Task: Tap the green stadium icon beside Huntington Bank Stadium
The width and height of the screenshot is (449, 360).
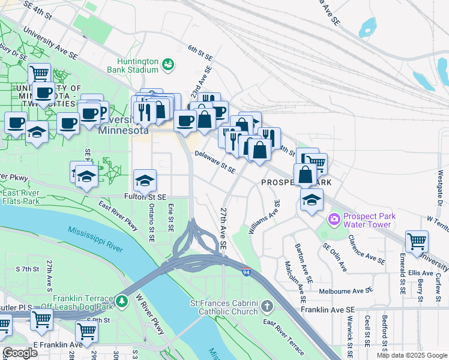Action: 169,63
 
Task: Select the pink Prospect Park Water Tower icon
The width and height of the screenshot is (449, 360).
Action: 333,220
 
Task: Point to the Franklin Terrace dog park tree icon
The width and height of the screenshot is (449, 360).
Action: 122,299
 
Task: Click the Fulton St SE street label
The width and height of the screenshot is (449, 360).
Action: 145,196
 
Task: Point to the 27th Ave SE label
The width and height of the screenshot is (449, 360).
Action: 223,229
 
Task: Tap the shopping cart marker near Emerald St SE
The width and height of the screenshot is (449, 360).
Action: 417,241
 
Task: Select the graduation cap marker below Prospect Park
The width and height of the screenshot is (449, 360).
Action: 311,200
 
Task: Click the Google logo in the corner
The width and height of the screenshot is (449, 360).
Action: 20,353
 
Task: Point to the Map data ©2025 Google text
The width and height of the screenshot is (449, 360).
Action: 411,355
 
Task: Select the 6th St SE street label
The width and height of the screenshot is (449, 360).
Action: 200,52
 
